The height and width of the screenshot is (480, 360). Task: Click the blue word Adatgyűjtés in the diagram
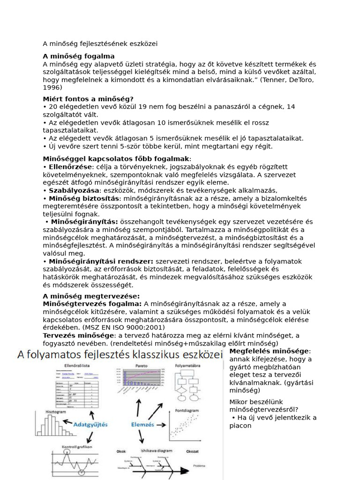click(x=90, y=424)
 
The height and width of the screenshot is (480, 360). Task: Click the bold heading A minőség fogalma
click(x=78, y=56)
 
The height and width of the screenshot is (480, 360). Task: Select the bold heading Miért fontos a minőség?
click(x=88, y=99)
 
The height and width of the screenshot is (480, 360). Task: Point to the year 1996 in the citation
click(x=52, y=87)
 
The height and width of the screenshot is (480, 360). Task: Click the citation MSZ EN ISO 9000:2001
click(x=121, y=327)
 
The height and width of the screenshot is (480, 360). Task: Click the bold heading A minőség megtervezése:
click(x=91, y=296)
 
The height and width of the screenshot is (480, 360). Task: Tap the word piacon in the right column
click(x=240, y=426)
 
